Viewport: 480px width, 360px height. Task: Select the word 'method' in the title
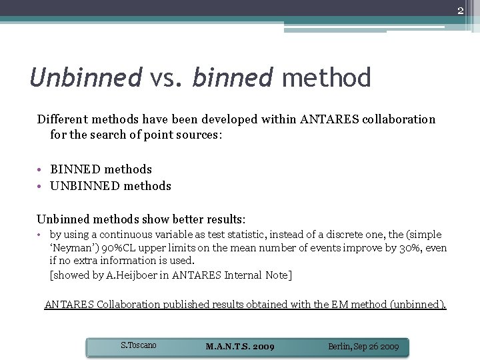click(x=326, y=78)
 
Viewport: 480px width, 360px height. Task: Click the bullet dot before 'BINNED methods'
click(x=41, y=169)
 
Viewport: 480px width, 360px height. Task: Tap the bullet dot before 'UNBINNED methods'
click(x=41, y=186)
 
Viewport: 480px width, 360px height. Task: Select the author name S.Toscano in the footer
click(x=139, y=345)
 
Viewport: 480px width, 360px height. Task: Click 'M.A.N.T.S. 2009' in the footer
click(x=240, y=347)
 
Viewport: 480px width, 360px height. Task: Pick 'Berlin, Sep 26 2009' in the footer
click(x=363, y=347)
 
